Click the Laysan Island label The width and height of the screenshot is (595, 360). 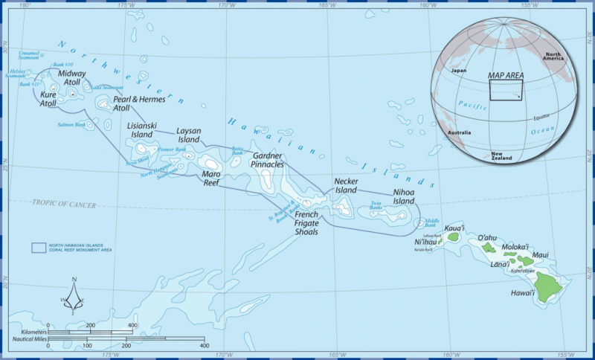tap(188, 135)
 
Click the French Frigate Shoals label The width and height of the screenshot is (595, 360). tap(301, 223)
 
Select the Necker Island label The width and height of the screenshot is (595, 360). tap(347, 186)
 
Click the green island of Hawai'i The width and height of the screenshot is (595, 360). tap(551, 285)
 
